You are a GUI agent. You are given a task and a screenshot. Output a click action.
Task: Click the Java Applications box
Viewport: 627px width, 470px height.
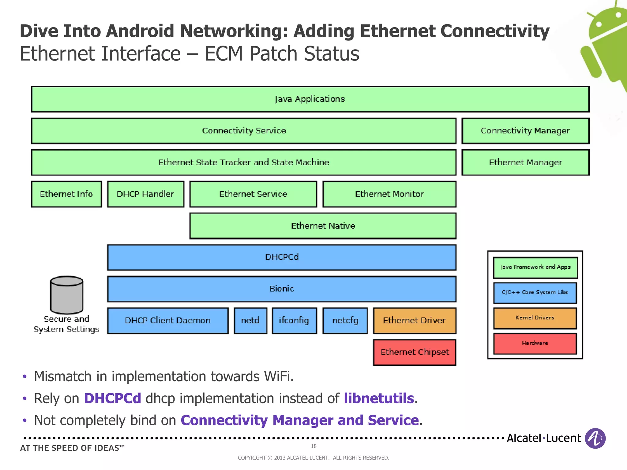click(x=310, y=99)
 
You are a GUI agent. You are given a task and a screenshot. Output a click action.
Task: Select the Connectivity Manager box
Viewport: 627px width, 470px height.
click(x=525, y=131)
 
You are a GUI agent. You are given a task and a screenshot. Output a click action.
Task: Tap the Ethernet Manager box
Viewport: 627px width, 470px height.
click(x=525, y=162)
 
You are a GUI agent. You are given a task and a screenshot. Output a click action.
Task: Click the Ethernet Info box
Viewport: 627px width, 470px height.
click(x=66, y=194)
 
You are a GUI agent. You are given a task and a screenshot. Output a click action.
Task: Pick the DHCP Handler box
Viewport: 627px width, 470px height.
click(x=145, y=194)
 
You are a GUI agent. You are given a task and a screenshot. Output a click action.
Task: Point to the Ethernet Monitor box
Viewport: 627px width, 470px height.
click(x=389, y=194)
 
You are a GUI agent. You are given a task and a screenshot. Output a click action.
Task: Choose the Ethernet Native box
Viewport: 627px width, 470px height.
click(x=323, y=226)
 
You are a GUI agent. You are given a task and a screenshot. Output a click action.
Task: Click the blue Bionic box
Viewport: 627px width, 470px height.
click(x=282, y=289)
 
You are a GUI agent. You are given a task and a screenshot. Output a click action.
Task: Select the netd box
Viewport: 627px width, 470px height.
click(x=250, y=320)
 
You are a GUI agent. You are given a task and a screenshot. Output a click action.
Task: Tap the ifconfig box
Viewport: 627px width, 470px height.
click(x=294, y=320)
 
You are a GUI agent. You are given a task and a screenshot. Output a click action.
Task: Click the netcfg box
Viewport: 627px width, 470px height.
click(x=345, y=320)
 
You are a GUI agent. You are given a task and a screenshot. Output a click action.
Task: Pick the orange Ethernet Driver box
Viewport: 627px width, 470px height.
click(x=414, y=320)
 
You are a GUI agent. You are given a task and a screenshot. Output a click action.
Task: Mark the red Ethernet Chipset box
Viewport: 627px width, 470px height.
click(x=415, y=352)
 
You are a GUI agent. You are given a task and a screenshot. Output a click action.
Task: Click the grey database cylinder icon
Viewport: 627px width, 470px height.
click(x=67, y=295)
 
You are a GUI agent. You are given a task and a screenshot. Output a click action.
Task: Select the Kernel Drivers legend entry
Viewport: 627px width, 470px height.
click(x=535, y=318)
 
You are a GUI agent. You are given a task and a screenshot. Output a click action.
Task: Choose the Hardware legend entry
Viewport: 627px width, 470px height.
click(x=535, y=343)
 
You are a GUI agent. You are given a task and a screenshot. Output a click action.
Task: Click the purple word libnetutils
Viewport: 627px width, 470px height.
click(x=379, y=398)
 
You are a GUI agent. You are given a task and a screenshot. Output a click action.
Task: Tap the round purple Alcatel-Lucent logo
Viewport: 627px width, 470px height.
click(x=595, y=438)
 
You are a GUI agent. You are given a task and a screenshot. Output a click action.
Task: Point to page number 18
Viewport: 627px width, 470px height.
click(x=313, y=446)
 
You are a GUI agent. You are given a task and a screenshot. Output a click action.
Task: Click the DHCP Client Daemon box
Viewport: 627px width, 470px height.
click(x=168, y=320)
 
